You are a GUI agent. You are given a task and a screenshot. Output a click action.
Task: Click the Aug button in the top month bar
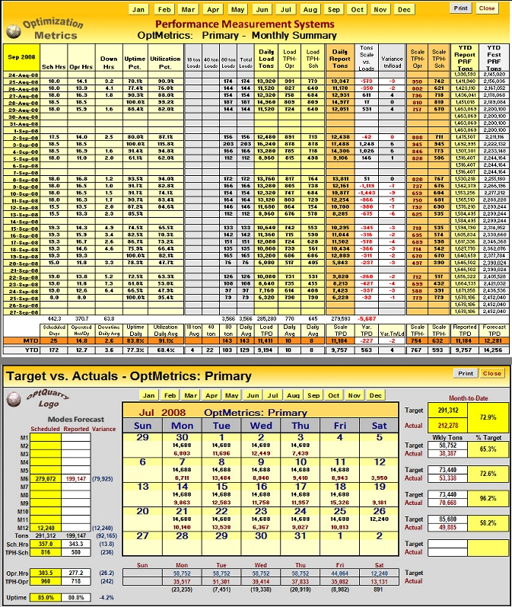pos(310,9)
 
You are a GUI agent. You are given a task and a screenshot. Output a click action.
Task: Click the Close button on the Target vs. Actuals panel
pos(491,373)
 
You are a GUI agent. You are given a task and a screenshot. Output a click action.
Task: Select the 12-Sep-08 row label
pos(19,206)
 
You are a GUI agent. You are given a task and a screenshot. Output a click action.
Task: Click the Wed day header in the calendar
pos(261,426)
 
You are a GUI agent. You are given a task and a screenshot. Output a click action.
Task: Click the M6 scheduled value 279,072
pos(47,478)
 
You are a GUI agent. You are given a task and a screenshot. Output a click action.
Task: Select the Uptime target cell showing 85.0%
pos(47,596)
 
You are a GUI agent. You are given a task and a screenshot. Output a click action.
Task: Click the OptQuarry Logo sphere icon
pos(11,401)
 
